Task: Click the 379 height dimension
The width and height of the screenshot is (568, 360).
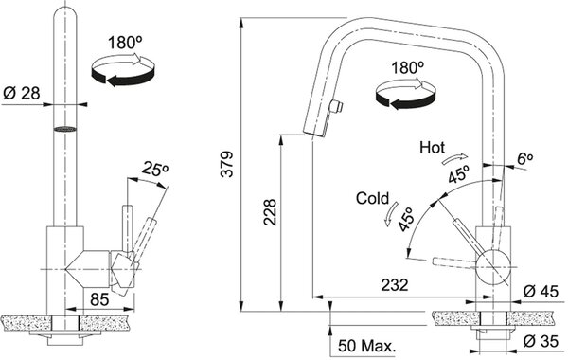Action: pos(227,164)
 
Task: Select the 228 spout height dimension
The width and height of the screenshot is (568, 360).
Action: pos(270,212)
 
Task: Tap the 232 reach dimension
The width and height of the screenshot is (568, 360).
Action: pos(394,284)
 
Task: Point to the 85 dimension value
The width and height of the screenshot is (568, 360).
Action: pos(99,299)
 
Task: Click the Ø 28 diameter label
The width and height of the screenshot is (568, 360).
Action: pos(22,94)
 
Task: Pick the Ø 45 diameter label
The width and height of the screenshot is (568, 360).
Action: pos(541,291)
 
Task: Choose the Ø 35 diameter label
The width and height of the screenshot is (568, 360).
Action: pos(541,341)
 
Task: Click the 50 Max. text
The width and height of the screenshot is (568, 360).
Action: pos(366,346)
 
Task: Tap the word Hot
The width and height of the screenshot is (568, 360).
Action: pos(433,148)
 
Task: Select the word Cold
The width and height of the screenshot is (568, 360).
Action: pos(372,198)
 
